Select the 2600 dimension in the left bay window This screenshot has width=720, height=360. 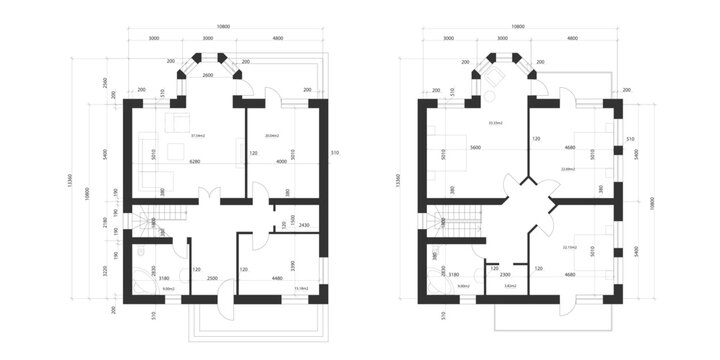pyautogui.click(x=208, y=76)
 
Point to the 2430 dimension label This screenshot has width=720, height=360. pyautogui.click(x=304, y=225)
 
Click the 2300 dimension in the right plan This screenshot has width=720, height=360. pyautogui.click(x=506, y=274)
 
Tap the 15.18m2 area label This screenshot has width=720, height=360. pyautogui.click(x=300, y=288)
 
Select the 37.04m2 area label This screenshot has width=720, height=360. pyautogui.click(x=198, y=133)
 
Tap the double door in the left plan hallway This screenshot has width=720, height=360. pyautogui.click(x=207, y=195)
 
